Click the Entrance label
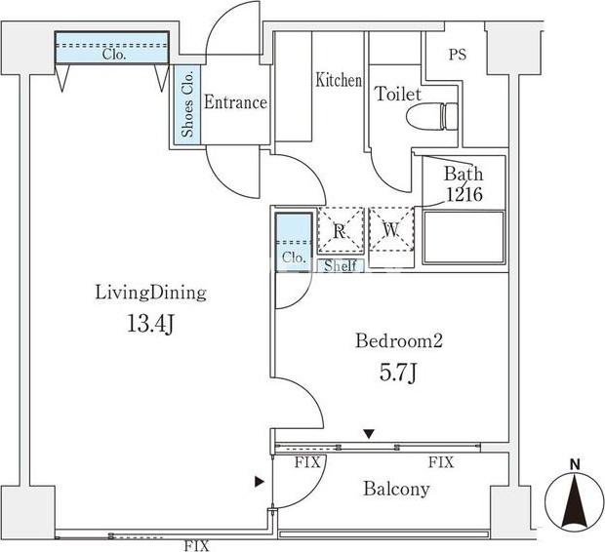(x=234, y=102)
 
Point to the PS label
(x=457, y=55)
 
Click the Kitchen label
(x=339, y=80)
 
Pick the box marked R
(x=340, y=232)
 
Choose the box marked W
(x=390, y=232)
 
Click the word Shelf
(x=339, y=265)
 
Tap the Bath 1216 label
(x=463, y=184)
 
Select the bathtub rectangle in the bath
(x=462, y=236)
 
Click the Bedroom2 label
(x=399, y=341)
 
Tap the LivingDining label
(x=150, y=292)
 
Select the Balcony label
(x=396, y=490)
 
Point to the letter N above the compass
(x=575, y=463)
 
